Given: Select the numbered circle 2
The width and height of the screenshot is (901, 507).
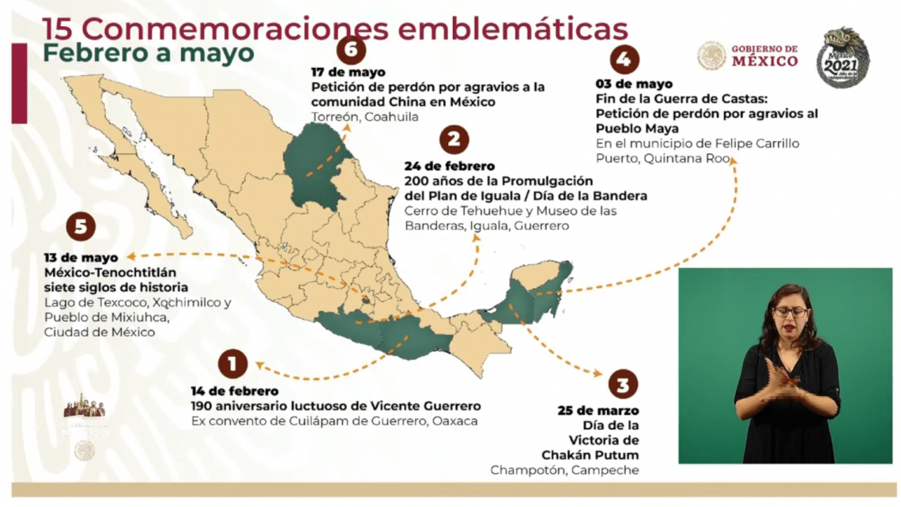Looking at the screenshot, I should coord(454,141).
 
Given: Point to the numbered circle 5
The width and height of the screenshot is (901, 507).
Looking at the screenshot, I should coord(81,227).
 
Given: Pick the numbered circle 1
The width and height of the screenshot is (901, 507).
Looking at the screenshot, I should coord(232,364).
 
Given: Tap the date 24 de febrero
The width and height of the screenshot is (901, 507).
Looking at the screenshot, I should coord(449,166).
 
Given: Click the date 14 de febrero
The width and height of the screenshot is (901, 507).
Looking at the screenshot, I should coord(235,391).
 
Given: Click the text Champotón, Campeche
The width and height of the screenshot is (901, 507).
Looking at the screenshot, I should coord(564,470).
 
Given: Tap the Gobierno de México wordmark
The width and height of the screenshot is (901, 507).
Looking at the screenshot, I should coord(763,55).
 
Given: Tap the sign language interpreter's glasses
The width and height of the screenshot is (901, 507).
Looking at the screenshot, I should coord(790,312).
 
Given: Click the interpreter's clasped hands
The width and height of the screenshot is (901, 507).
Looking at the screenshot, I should coord(782,383).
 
